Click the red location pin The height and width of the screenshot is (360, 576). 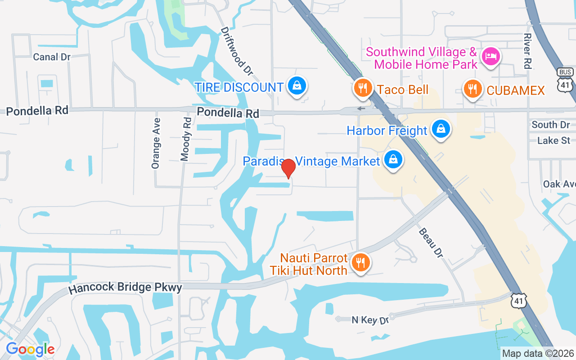click(x=288, y=168)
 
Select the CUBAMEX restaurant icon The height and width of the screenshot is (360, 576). click(x=472, y=89)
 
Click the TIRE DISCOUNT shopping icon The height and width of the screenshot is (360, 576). click(x=297, y=86)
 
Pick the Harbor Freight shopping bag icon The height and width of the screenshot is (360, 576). click(x=441, y=130)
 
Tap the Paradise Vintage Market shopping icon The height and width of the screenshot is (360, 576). click(x=393, y=160)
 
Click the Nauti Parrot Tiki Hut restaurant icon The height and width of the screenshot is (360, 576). click(x=360, y=262)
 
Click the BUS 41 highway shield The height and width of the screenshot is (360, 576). click(x=565, y=79)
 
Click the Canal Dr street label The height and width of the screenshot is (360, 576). click(x=52, y=57)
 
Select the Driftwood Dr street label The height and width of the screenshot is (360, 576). click(x=237, y=50)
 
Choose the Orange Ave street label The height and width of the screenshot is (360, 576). click(x=156, y=143)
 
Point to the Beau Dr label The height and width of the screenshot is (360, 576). click(x=431, y=243)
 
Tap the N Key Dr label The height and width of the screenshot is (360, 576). click(x=369, y=320)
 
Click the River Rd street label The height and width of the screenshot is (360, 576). click(x=527, y=50)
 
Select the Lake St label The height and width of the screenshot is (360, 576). click(x=553, y=141)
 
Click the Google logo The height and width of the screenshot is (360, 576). click(x=30, y=349)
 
